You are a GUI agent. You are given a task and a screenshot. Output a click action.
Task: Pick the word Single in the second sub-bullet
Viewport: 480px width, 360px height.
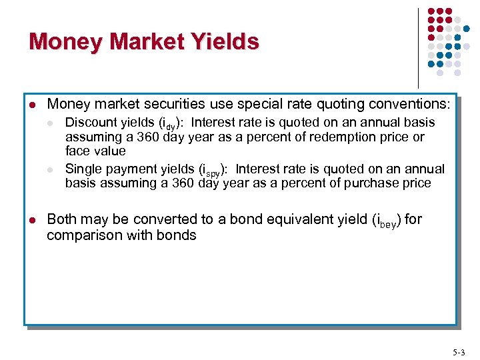[x=83, y=169]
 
